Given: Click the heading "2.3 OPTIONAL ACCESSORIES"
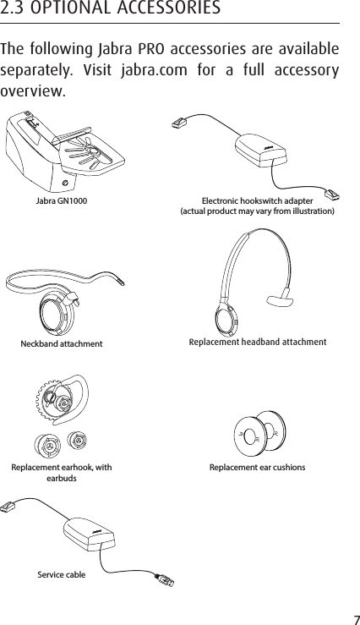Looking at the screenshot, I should (111, 9).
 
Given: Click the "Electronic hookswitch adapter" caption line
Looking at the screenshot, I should (258, 200).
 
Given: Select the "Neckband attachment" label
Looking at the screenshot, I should (62, 344).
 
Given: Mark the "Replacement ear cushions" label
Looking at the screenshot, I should (258, 467).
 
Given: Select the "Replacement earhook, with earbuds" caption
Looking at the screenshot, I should (61, 472).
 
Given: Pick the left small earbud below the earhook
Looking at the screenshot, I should (46, 443).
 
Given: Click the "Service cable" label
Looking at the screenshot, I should (61, 575).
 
